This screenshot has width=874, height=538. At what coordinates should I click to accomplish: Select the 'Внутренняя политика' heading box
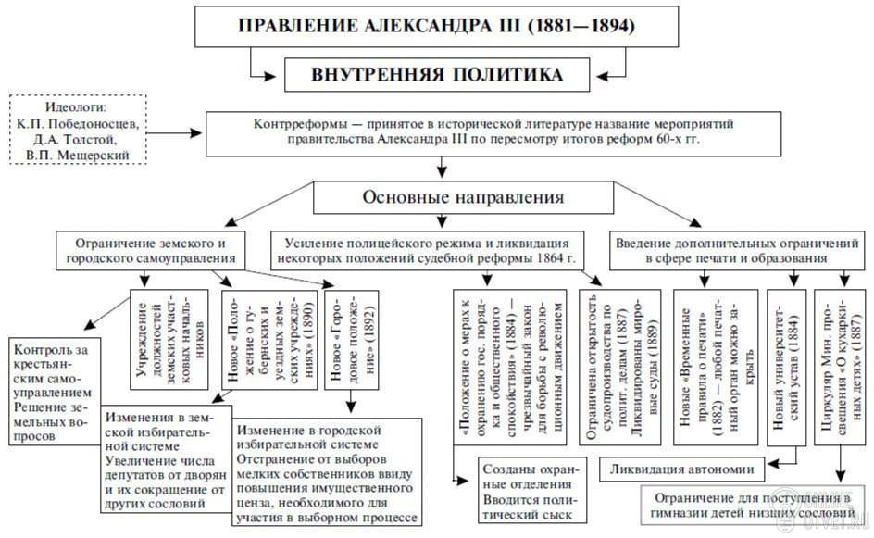(x=436, y=73)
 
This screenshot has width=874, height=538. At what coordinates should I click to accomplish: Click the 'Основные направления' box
(x=463, y=198)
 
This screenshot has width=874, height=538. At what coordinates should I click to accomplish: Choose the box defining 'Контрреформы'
(x=476, y=132)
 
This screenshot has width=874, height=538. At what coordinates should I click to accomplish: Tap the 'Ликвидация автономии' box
(x=681, y=469)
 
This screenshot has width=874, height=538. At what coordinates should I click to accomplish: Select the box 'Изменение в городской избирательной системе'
(x=328, y=471)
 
